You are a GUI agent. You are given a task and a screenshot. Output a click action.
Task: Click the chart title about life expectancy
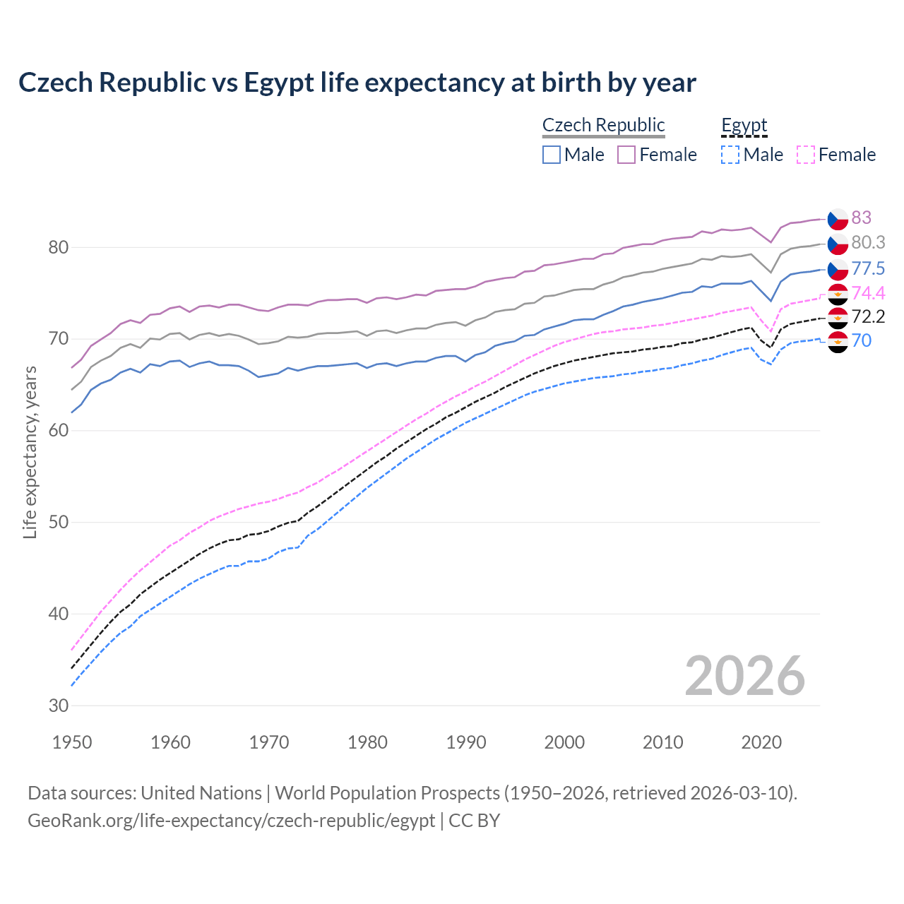coord(357,83)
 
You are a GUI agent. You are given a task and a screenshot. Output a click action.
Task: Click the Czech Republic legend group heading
coord(603,125)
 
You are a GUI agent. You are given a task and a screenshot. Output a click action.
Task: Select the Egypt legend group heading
coord(744,125)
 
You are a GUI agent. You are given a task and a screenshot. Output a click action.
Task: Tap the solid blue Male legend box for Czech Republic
coord(552,155)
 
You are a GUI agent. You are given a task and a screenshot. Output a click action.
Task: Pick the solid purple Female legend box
coord(626,155)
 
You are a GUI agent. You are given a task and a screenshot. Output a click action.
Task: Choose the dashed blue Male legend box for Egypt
coord(730,155)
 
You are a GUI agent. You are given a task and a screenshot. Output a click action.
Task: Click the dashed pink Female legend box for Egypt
coord(805,155)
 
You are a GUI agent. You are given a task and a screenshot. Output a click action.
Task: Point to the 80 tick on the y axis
coord(58,247)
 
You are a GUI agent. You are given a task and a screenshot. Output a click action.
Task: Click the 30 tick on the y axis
coord(58,706)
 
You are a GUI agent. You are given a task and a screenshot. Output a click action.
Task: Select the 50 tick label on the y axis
coord(58,523)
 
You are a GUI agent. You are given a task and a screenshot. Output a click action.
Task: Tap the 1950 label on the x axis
coord(72,742)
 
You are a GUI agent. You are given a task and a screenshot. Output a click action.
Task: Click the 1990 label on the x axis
coord(466,742)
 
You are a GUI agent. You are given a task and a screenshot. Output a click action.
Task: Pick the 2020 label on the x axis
coord(761,742)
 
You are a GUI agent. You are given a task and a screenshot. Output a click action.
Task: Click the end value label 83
coord(861,218)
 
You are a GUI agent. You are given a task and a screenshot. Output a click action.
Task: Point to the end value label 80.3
coord(868,242)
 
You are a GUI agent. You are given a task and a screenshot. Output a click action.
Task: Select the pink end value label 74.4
coord(868,293)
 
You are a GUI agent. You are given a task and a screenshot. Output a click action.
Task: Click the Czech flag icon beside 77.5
coord(838,269)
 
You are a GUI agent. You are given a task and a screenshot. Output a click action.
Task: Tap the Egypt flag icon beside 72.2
coord(838,317)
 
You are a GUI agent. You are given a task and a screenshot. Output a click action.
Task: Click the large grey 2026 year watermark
coord(744,676)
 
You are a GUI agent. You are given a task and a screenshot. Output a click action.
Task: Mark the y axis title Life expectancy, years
coord(30,452)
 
